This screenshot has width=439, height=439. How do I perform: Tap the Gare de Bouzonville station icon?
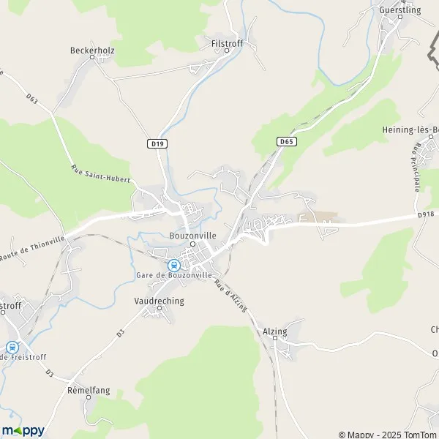tap(173, 265)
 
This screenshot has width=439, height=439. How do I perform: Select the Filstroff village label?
tap(226, 43)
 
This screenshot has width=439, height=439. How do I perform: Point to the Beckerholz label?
tap(92, 50)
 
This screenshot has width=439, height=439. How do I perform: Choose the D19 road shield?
tap(156, 144)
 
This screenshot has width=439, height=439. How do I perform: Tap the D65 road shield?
tap(286, 141)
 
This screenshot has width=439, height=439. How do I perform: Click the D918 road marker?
tap(427, 214)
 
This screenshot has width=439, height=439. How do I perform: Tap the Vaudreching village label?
tap(160, 301)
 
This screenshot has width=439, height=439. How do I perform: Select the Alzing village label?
tap(274, 331)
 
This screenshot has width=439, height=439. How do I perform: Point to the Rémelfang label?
tap(89, 390)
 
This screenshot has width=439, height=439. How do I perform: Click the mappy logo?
tap(23, 430)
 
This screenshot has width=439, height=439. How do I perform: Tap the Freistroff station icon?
tap(12, 348)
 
